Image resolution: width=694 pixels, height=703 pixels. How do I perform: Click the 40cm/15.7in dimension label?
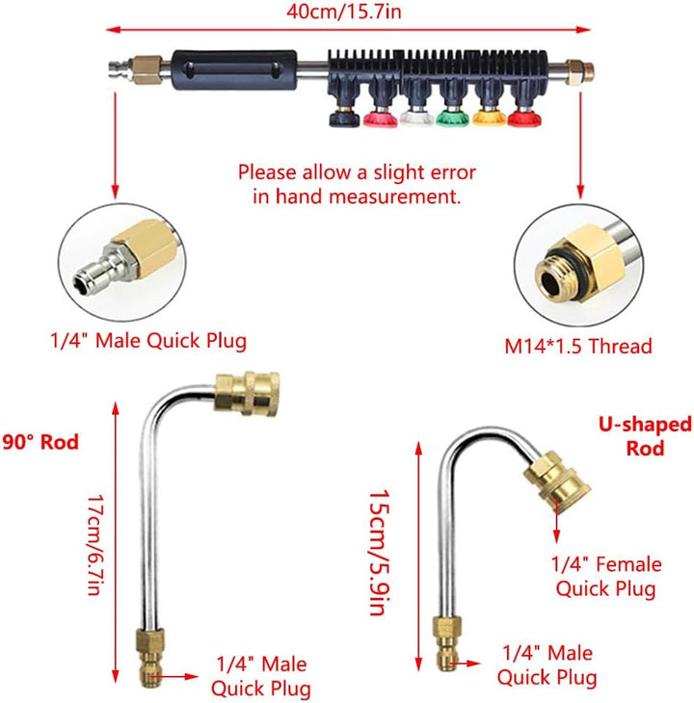pyautogui.click(x=344, y=12)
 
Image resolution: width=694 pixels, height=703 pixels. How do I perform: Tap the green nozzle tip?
pyautogui.click(x=452, y=117)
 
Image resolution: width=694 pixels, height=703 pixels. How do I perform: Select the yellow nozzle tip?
pyautogui.click(x=489, y=118)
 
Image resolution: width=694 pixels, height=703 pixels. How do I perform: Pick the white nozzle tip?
pyautogui.click(x=416, y=118)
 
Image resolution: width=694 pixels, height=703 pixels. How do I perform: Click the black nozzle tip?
pyautogui.click(x=344, y=118)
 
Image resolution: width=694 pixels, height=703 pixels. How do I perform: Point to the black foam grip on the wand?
pyautogui.click(x=234, y=70)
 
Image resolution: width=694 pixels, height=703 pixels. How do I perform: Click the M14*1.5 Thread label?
pyautogui.click(x=577, y=346)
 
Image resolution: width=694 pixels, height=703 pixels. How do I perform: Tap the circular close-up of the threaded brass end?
pyautogui.click(x=578, y=266)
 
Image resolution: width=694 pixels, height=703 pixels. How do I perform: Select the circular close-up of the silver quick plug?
pyautogui.click(x=121, y=262)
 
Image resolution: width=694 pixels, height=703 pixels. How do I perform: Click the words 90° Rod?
pyautogui.click(x=40, y=442)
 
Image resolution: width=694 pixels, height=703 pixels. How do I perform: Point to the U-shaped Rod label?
pyautogui.click(x=645, y=436)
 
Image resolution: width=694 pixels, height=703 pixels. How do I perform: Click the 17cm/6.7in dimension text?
pyautogui.click(x=95, y=545)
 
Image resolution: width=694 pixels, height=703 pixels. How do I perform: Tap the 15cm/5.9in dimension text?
pyautogui.click(x=379, y=553)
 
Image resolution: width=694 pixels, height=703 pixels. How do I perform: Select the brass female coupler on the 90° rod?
pyautogui.click(x=247, y=395)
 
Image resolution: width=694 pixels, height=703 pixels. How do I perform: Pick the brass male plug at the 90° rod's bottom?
pyautogui.click(x=149, y=658)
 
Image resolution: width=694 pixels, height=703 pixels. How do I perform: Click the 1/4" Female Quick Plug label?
pyautogui.click(x=606, y=577)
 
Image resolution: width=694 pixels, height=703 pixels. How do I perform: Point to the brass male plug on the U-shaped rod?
pyautogui.click(x=447, y=643)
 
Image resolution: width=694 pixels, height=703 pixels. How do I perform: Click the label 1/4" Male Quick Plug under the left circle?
pyautogui.click(x=148, y=341)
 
